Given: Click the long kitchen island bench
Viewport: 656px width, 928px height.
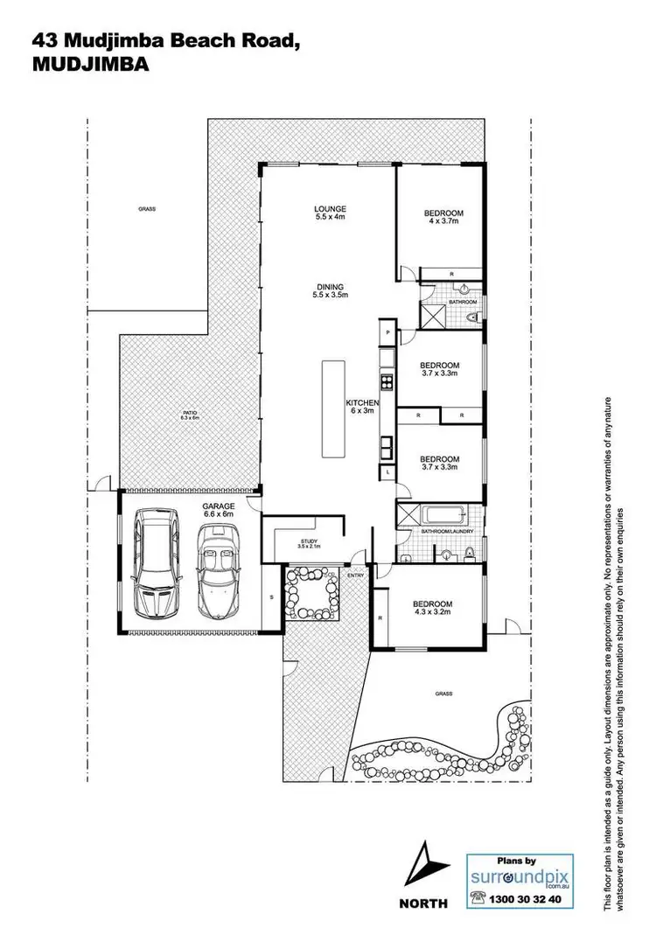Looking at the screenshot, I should coord(331,408).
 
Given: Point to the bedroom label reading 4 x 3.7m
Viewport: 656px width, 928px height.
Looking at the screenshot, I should coord(443,218).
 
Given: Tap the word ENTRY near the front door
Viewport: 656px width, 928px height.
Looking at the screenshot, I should coord(356,575).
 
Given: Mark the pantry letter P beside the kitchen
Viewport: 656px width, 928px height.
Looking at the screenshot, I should coord(386,332).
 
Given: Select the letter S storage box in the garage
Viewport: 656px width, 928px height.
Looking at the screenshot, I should coord(272,597).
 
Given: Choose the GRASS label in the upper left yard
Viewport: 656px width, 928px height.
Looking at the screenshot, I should coord(146,210).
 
